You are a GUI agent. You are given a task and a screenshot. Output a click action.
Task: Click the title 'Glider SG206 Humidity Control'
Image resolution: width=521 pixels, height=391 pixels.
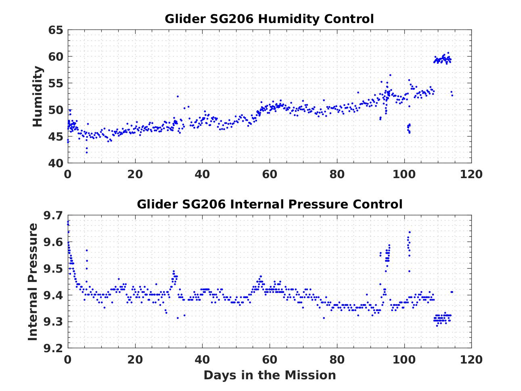tap(269, 19)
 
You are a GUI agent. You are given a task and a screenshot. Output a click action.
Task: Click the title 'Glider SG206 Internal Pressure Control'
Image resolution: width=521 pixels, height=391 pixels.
tap(269, 204)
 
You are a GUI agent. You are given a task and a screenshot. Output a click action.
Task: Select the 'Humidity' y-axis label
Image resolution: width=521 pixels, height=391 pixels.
tap(38, 97)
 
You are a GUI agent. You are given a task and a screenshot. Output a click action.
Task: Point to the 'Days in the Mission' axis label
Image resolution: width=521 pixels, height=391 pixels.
tap(269, 375)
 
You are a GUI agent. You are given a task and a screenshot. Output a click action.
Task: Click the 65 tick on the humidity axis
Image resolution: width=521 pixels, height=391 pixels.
tap(56, 30)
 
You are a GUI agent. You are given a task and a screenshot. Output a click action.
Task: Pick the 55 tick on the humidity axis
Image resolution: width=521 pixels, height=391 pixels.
tap(56, 84)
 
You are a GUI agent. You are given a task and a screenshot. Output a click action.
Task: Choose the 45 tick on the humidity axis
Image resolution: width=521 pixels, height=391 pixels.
tap(56, 137)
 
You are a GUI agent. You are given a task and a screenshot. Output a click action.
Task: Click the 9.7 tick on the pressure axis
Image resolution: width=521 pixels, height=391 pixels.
tap(53, 216)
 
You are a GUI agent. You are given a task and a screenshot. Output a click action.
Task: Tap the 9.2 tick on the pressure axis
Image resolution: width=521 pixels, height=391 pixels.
tap(53, 348)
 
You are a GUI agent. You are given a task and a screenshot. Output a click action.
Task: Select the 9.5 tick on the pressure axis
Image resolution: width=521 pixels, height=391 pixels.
tap(53, 269)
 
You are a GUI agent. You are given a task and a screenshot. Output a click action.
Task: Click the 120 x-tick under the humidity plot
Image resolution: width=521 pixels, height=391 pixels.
tap(471, 174)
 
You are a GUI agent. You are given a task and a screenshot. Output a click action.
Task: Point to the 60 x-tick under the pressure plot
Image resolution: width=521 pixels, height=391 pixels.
tap(269, 359)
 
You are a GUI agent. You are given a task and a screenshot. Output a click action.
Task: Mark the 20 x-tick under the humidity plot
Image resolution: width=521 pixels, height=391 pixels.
tap(135, 174)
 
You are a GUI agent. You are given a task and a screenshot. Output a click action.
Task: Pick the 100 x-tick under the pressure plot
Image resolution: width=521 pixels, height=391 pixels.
tap(404, 359)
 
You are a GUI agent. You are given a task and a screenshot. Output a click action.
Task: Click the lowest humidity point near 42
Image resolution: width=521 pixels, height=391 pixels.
tap(87, 152)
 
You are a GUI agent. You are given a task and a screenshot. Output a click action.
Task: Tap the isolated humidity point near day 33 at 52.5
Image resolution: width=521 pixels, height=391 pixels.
tap(178, 96)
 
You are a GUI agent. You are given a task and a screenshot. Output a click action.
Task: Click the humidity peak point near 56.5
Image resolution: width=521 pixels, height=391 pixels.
tap(390, 75)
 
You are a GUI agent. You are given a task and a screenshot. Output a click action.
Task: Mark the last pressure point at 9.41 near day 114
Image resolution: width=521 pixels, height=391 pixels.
tap(452, 292)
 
